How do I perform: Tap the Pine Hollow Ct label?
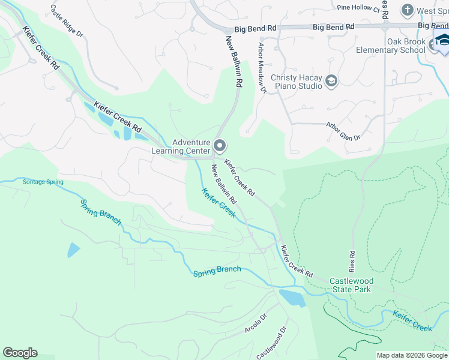(x=359, y=8)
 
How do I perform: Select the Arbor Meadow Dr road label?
(x=261, y=67)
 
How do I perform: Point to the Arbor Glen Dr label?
(x=342, y=132)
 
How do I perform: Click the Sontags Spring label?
(x=43, y=182)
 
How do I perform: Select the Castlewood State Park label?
(x=352, y=285)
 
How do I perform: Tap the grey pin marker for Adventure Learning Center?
(x=220, y=146)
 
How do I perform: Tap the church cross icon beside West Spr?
(x=407, y=10)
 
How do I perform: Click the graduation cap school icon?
(x=443, y=41)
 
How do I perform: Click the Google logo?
(x=20, y=353)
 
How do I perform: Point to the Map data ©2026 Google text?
(x=412, y=355)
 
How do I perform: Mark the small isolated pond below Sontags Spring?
(x=73, y=250)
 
